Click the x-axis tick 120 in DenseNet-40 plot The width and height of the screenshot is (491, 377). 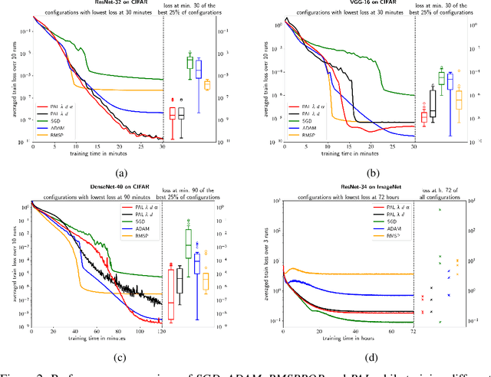(x=160, y=330)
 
